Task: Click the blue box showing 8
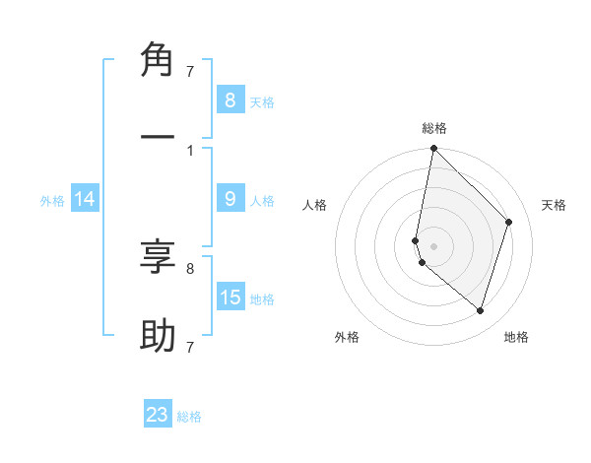230,99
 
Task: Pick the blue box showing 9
230,199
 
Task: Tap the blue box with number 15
230,298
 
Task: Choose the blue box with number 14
85,199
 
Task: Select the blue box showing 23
158,415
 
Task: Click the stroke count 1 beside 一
189,150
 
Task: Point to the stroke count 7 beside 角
189,71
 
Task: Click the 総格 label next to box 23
189,417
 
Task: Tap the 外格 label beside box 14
52,200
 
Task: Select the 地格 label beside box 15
262,299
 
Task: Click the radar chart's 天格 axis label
554,205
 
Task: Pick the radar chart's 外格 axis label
347,337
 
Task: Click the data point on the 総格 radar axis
433,148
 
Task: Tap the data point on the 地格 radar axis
480,310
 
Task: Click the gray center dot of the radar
433,245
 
